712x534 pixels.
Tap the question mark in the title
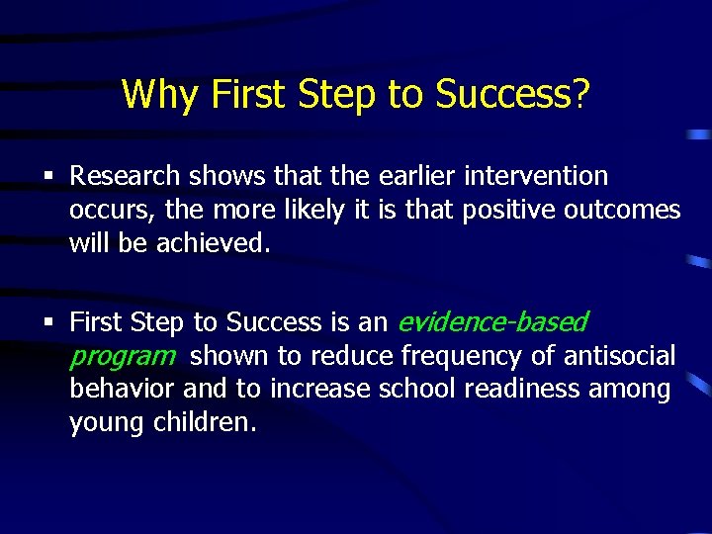point(581,95)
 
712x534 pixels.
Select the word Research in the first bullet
point(126,177)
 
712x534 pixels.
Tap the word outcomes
point(630,211)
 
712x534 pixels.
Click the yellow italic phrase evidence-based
point(491,322)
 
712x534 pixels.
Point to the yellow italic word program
point(122,356)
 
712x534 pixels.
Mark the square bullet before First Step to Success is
point(49,323)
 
